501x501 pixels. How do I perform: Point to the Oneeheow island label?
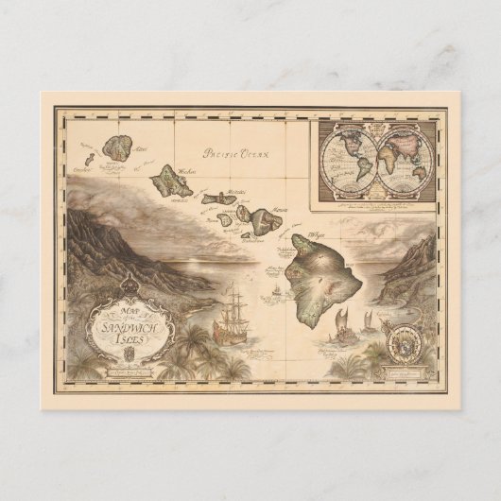pos(78,171)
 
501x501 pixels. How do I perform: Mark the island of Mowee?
pos(259,215)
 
